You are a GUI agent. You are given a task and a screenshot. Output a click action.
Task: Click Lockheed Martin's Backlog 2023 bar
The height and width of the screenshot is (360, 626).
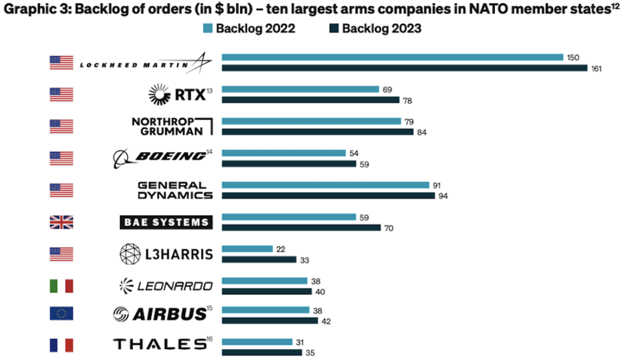click(x=404, y=68)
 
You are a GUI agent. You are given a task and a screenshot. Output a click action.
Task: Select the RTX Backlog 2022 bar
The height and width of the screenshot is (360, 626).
click(x=299, y=90)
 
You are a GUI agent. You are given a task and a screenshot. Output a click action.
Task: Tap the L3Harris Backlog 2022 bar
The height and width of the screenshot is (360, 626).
click(x=247, y=249)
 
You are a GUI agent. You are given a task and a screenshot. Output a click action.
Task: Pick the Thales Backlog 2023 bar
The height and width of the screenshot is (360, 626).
click(x=261, y=352)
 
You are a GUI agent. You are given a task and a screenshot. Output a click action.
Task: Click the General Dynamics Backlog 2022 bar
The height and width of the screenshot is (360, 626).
click(x=325, y=185)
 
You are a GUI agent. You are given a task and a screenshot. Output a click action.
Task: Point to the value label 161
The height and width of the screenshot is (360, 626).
click(x=597, y=68)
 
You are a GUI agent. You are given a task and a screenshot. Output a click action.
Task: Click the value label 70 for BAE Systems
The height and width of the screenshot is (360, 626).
click(x=388, y=228)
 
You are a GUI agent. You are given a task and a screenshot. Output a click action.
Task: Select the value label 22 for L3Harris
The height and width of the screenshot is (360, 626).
click(x=281, y=249)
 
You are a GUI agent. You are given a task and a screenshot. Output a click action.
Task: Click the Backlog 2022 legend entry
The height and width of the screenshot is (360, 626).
click(x=248, y=29)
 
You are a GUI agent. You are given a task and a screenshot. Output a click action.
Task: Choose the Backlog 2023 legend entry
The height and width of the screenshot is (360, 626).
click(x=375, y=29)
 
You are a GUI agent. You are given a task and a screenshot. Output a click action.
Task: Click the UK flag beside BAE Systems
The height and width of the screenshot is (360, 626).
click(x=61, y=222)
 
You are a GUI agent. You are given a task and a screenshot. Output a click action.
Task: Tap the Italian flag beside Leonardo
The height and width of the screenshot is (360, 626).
click(x=61, y=286)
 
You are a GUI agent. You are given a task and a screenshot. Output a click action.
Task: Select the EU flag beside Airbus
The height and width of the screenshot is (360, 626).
click(x=61, y=313)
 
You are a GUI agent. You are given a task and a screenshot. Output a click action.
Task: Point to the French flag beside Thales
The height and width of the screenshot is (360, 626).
click(x=61, y=345)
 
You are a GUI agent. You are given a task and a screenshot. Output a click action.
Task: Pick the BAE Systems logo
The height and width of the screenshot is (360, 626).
click(x=165, y=222)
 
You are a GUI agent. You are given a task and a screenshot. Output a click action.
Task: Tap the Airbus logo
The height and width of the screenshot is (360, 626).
click(x=160, y=313)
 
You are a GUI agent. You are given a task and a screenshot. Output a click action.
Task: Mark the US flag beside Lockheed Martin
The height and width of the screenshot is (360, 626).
click(x=61, y=63)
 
